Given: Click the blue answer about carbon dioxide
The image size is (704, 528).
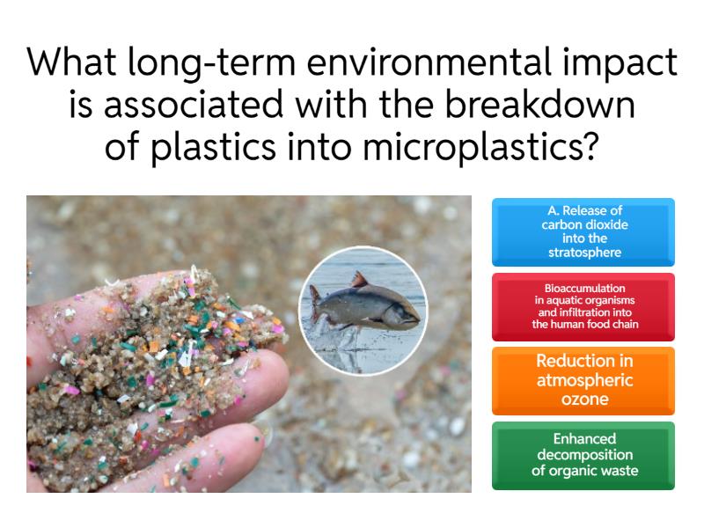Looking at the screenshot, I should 583,232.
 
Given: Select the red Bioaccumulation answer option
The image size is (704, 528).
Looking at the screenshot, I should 583,306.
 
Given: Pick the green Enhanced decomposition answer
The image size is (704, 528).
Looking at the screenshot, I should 583,454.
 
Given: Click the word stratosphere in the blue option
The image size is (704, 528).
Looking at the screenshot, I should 583,253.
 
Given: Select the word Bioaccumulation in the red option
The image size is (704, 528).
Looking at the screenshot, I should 583,287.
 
